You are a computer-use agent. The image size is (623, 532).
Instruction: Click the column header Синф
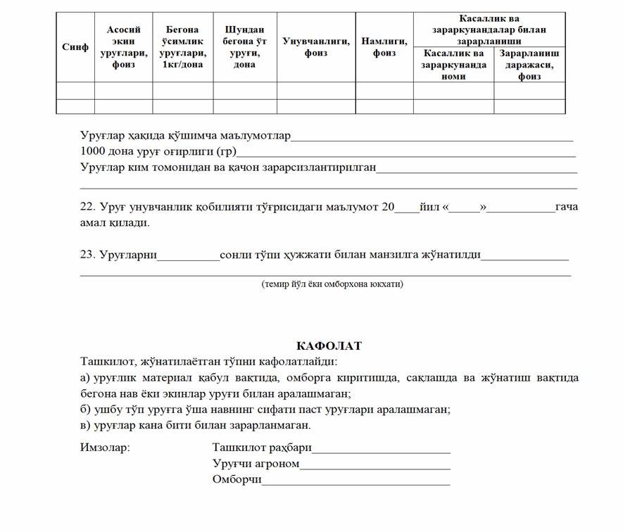[x=75, y=47]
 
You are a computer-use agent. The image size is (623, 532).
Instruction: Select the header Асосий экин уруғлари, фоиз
[x=123, y=47]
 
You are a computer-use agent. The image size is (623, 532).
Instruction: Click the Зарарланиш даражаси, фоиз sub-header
[x=529, y=65]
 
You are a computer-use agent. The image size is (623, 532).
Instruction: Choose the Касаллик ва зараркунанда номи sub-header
[x=453, y=65]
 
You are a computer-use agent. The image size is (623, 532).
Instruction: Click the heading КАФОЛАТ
[x=329, y=346]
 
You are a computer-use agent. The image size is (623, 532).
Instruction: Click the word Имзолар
[x=105, y=447]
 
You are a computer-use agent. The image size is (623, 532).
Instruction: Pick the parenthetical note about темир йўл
[x=332, y=284]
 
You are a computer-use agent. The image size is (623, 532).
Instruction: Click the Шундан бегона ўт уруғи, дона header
[x=244, y=47]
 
